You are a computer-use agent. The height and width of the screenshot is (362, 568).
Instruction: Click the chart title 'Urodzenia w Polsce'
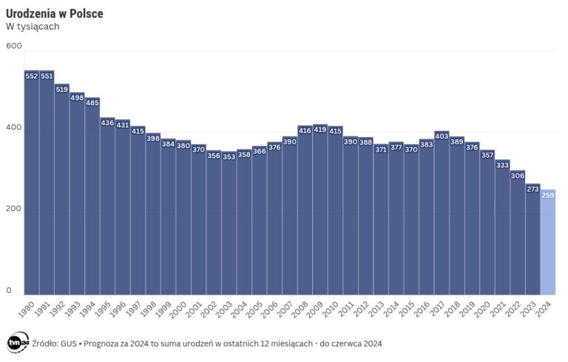coord(54,14)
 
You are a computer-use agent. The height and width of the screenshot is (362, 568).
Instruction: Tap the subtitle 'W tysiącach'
coord(33,27)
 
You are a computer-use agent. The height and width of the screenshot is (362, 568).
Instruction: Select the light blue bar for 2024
coord(547,244)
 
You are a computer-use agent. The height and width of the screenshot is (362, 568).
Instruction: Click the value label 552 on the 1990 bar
coord(32,76)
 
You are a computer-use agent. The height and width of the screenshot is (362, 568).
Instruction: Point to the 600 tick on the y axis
coord(13,46)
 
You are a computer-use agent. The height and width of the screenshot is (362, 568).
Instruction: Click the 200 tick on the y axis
coord(13,209)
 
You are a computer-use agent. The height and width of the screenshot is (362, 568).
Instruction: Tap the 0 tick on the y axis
coord(9,290)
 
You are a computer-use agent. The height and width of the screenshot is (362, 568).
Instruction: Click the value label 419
coord(320,130)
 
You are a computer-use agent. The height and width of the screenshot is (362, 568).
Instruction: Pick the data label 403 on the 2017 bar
coord(442,136)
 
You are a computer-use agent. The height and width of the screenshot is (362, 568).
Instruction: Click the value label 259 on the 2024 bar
coord(548,195)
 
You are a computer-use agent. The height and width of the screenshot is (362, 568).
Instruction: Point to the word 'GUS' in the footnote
coord(70,343)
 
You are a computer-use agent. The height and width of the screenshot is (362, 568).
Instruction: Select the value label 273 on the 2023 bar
coord(532,189)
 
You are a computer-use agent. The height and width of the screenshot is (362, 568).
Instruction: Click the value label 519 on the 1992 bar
coord(62,89)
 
